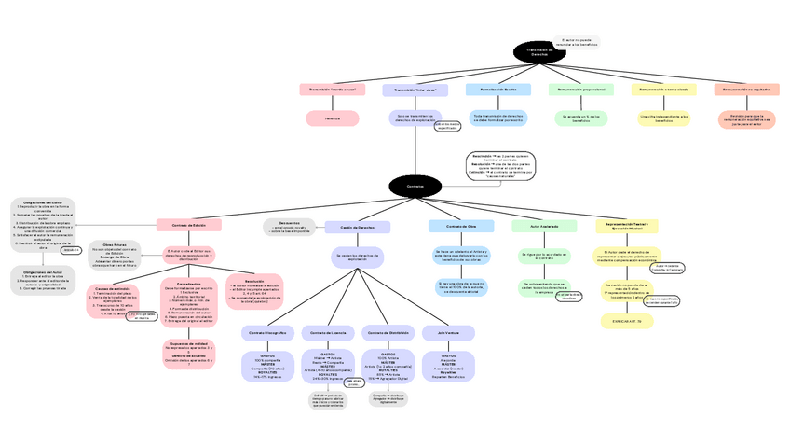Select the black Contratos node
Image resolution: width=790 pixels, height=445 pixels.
pyautogui.click(x=415, y=186)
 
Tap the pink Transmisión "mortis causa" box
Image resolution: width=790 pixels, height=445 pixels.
pyautogui.click(x=333, y=90)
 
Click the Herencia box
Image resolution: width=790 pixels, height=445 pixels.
pyautogui.click(x=333, y=118)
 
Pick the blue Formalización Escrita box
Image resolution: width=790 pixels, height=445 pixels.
pyautogui.click(x=498, y=90)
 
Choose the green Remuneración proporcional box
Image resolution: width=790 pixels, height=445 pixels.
pyautogui.click(x=582, y=90)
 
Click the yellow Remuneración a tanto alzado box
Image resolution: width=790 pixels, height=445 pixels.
pyautogui.click(x=664, y=90)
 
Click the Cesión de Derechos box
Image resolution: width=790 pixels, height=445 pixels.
pyautogui.click(x=358, y=227)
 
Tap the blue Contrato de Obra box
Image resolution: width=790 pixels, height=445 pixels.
pyautogui.click(x=461, y=226)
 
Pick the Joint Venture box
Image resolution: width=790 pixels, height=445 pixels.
pyautogui.click(x=448, y=332)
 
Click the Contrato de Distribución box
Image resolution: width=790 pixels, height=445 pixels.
pyautogui.click(x=388, y=332)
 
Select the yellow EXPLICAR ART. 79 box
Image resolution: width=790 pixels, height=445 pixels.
pyautogui.click(x=627, y=320)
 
